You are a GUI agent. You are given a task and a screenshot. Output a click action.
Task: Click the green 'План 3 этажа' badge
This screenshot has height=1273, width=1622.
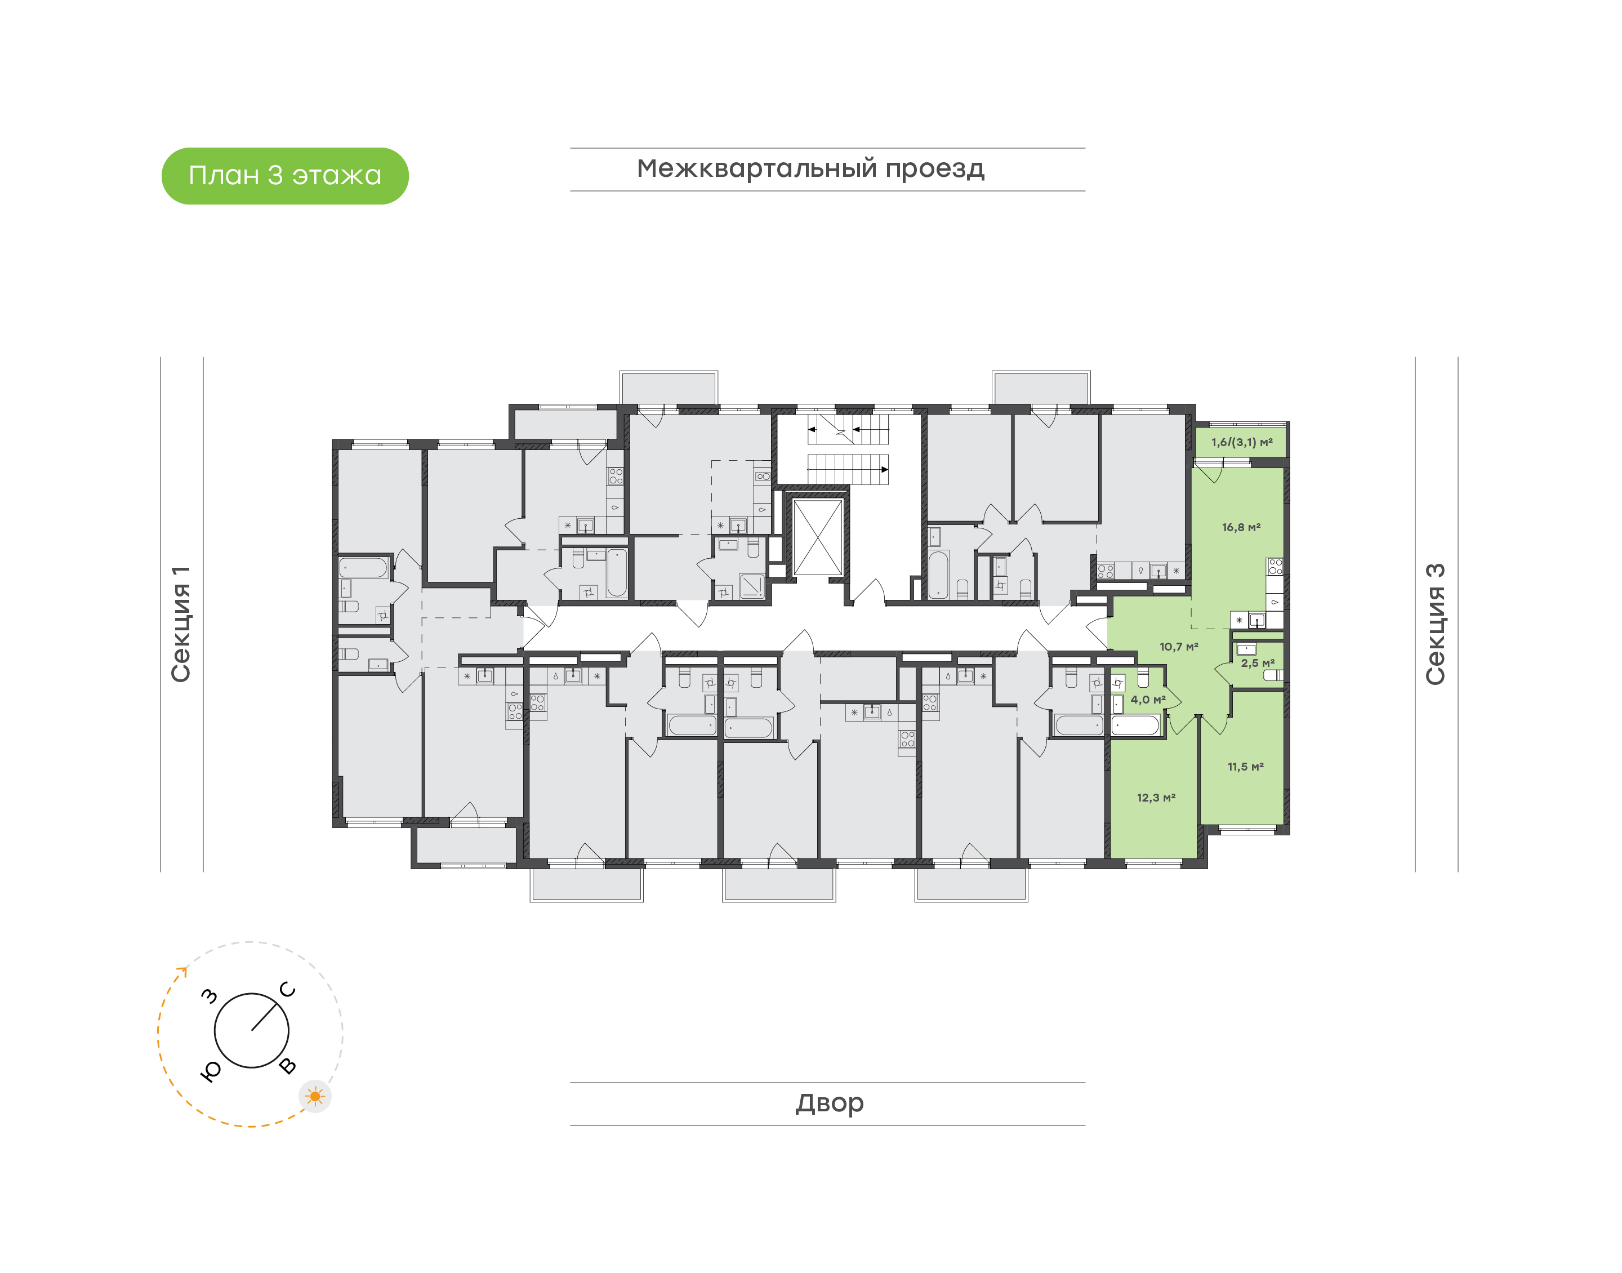coord(284,176)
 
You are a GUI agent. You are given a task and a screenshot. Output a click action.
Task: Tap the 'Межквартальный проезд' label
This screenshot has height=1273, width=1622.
coord(810,169)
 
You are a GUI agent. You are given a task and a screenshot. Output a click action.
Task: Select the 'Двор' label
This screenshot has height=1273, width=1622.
coord(829,1102)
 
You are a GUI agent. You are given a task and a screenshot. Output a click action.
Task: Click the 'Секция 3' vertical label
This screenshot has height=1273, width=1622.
coord(1435,624)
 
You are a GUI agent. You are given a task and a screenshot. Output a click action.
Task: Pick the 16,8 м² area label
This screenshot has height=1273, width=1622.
coord(1241,527)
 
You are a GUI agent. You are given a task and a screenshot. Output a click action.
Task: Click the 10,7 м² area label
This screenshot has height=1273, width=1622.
coord(1179,646)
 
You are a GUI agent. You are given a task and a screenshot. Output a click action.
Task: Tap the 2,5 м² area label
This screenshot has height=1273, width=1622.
coord(1258,662)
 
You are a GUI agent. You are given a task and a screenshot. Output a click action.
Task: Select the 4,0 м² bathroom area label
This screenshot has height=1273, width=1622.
coord(1148,699)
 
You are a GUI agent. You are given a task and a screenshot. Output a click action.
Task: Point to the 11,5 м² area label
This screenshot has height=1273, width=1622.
coord(1246,766)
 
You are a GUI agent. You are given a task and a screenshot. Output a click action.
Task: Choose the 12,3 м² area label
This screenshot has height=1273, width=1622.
coord(1156,798)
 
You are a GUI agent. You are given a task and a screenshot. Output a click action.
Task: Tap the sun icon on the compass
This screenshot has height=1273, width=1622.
coord(315,1096)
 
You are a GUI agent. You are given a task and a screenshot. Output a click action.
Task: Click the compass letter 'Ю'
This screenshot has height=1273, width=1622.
coord(211,1071)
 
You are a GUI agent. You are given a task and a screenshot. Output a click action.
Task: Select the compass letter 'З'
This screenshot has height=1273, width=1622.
coord(210,996)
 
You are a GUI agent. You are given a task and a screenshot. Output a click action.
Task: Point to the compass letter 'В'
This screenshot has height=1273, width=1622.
coord(288,1066)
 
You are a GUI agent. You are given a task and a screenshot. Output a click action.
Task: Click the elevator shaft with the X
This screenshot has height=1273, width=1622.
coord(817,537)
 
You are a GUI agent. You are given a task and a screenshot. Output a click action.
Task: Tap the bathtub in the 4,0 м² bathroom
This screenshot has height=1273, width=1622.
coord(1135,725)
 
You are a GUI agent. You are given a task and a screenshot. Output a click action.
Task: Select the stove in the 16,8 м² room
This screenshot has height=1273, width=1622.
coord(1276,567)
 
